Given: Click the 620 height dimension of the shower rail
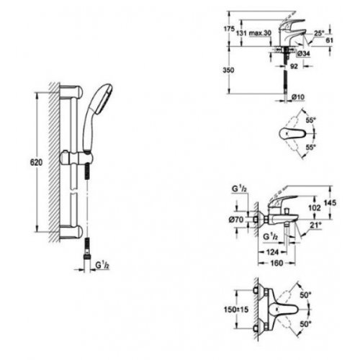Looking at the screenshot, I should (x=26, y=163).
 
